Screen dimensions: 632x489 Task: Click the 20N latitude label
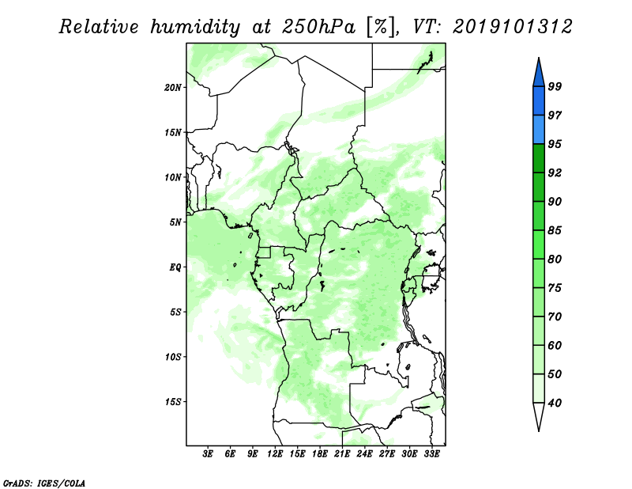173,87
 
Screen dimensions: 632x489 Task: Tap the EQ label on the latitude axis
175,267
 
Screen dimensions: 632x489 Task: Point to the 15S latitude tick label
173,402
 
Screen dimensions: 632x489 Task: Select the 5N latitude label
175,222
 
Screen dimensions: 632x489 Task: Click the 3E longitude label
208,454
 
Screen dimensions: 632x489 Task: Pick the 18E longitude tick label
320,454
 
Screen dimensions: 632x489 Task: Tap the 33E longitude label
431,454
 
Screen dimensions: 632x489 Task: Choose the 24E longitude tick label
364,454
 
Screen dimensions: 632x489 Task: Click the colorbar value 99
555,86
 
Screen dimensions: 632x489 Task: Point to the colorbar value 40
555,403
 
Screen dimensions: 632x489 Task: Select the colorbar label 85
555,230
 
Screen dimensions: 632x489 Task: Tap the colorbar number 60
555,345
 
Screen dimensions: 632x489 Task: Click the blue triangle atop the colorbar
539,74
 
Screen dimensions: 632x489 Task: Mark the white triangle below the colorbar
539,415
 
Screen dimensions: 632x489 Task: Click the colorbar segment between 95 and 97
539,130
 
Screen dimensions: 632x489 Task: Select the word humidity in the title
195,27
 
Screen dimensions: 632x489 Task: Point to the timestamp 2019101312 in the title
513,27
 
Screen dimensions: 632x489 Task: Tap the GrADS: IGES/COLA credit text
44,483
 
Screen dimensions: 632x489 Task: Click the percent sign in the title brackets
380,27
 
